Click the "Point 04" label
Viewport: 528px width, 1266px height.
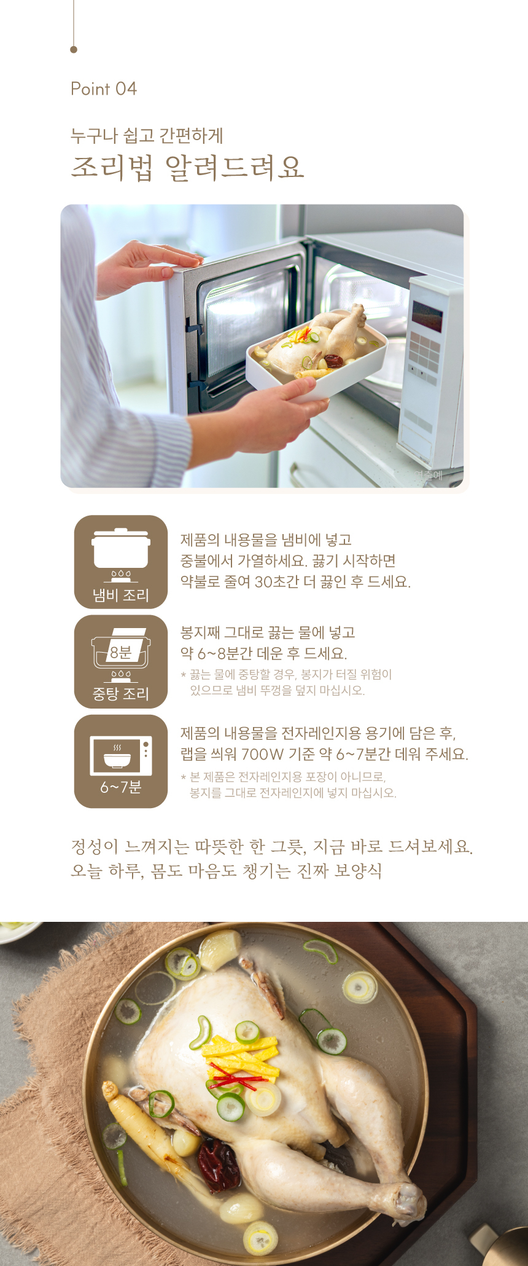tap(104, 89)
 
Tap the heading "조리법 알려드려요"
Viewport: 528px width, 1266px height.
tap(187, 167)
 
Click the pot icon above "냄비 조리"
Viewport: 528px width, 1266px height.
tap(121, 554)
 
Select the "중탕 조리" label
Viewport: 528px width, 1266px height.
tap(121, 694)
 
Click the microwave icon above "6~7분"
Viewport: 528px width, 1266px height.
tap(121, 755)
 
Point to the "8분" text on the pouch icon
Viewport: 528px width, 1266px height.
tap(120, 652)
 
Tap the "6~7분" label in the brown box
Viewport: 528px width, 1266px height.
tap(121, 787)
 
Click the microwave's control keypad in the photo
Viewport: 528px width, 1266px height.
tap(424, 354)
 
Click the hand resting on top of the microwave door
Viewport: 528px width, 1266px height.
tap(148, 265)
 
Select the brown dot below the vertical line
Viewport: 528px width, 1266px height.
tap(74, 49)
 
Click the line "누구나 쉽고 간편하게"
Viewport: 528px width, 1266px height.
tap(147, 135)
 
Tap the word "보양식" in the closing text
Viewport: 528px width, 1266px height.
tap(358, 871)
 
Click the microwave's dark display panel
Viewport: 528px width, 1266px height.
tap(427, 315)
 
